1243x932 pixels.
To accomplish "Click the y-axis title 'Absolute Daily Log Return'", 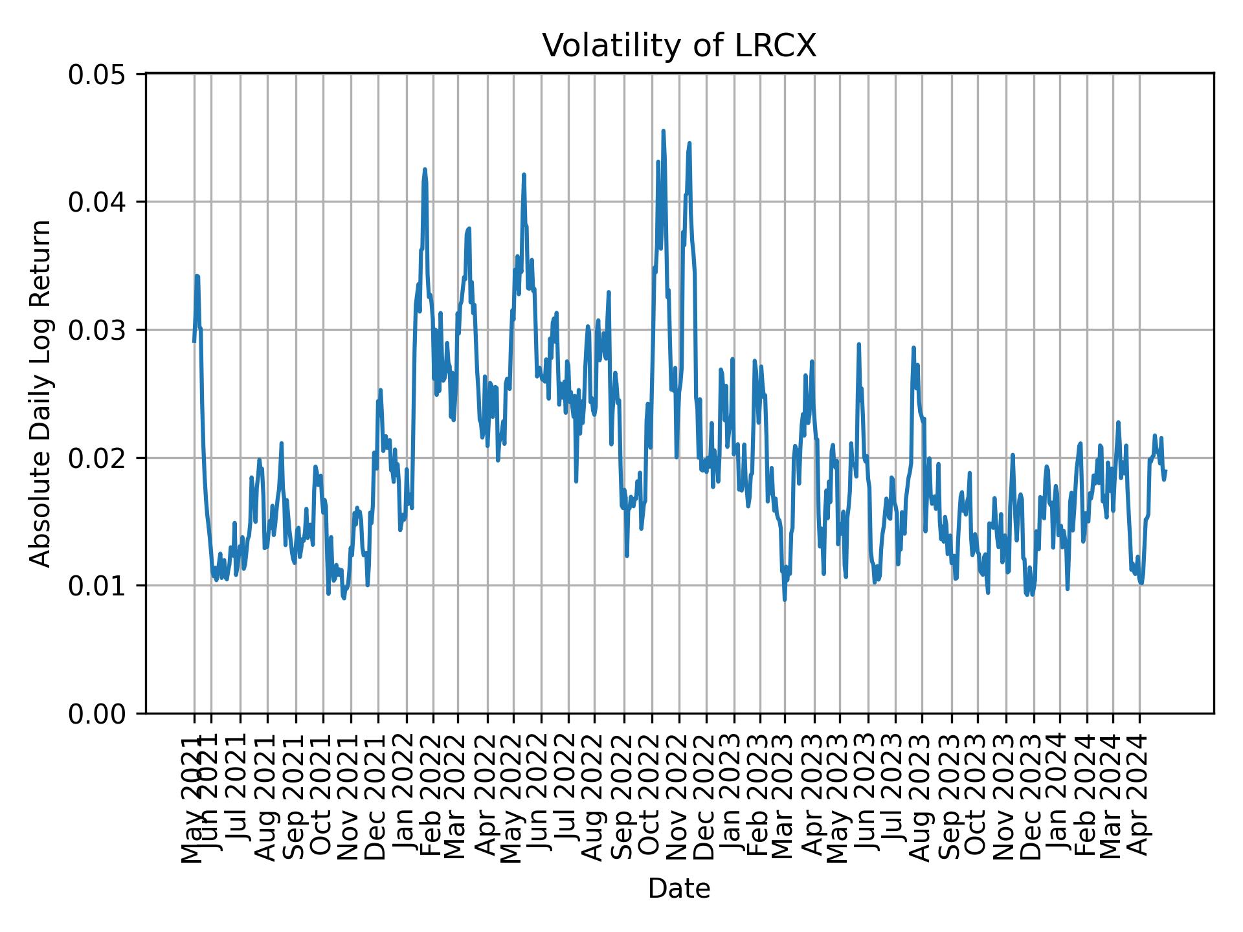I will click(x=41, y=394).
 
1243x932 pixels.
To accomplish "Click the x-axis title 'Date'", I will click(x=679, y=889).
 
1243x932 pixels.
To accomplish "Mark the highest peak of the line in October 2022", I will click(x=663, y=131).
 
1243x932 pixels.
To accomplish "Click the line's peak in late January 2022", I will click(x=425, y=169).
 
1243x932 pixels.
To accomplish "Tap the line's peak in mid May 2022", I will click(x=524, y=174).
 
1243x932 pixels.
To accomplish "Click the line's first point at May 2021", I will click(x=194, y=341).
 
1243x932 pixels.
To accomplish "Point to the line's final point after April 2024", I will click(x=1165, y=471).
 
